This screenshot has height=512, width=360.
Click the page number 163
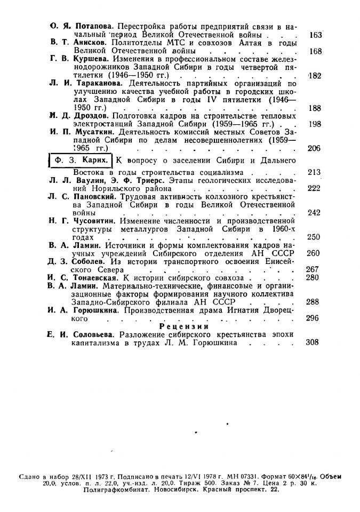[x=316, y=35]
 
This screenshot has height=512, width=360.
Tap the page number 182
[x=315, y=76]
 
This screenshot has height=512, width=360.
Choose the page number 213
[x=313, y=172]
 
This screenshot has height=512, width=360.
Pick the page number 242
[x=313, y=212]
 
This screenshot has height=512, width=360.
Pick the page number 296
[x=313, y=318]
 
